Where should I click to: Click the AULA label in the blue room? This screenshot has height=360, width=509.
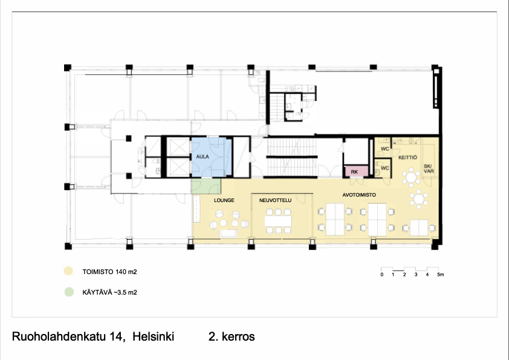[x=203, y=157]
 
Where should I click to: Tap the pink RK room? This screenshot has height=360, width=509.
[x=356, y=171]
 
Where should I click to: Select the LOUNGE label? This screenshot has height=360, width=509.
[x=224, y=200]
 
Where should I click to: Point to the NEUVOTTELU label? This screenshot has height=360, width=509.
[x=275, y=200]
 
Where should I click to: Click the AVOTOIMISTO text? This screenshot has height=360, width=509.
[x=359, y=195]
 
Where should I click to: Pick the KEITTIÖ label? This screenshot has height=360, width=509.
[x=407, y=157]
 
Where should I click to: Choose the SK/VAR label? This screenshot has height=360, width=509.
[x=429, y=169]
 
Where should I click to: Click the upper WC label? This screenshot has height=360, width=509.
[x=384, y=149]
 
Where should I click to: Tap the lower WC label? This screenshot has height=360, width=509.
[x=384, y=168]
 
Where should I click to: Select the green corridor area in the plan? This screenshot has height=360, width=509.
[x=206, y=186]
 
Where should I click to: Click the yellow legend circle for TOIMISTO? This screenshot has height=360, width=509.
[x=68, y=271]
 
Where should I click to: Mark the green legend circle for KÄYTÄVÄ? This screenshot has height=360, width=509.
[x=69, y=292]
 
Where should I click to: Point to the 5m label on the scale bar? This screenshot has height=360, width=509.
[x=441, y=275]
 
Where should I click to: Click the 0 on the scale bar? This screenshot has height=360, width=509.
[x=382, y=275]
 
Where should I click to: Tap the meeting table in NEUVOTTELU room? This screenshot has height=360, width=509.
[x=278, y=221]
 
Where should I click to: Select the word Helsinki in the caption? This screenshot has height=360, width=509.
[x=153, y=336]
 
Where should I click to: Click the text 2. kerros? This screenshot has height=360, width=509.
[x=232, y=336]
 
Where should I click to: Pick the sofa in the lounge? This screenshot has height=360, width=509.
[x=229, y=234]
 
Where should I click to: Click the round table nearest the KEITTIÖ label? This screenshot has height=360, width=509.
[x=411, y=177]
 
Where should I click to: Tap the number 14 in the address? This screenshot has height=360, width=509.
[x=116, y=336]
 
